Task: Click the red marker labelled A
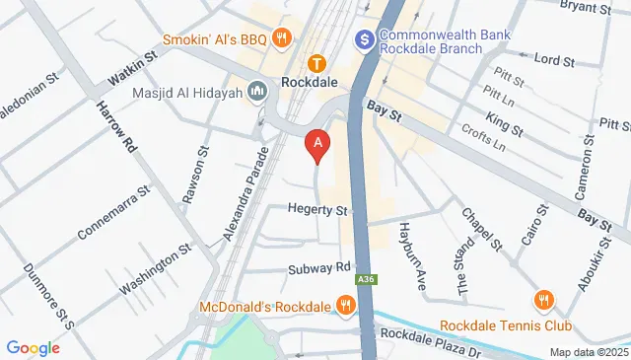pyautogui.click(x=317, y=145)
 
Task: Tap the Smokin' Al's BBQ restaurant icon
pyautogui.click(x=282, y=38)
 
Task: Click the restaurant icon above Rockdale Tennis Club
pyautogui.click(x=542, y=299)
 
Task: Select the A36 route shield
pyautogui.click(x=365, y=279)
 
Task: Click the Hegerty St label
pyautogui.click(x=318, y=210)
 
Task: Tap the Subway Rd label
pyautogui.click(x=320, y=266)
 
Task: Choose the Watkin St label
pyautogui.click(x=133, y=71)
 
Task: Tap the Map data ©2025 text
pyautogui.click(x=588, y=352)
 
